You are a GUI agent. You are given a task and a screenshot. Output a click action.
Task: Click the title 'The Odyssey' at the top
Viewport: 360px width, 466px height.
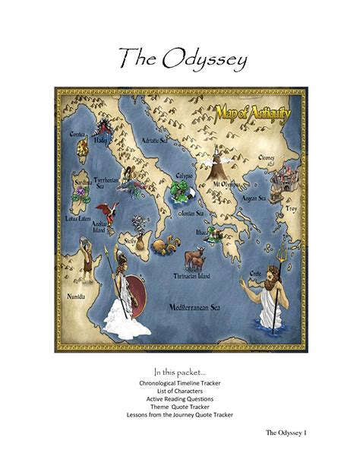click(x=180, y=59)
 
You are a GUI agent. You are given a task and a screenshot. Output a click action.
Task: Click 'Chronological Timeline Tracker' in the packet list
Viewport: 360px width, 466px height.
click(x=180, y=385)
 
